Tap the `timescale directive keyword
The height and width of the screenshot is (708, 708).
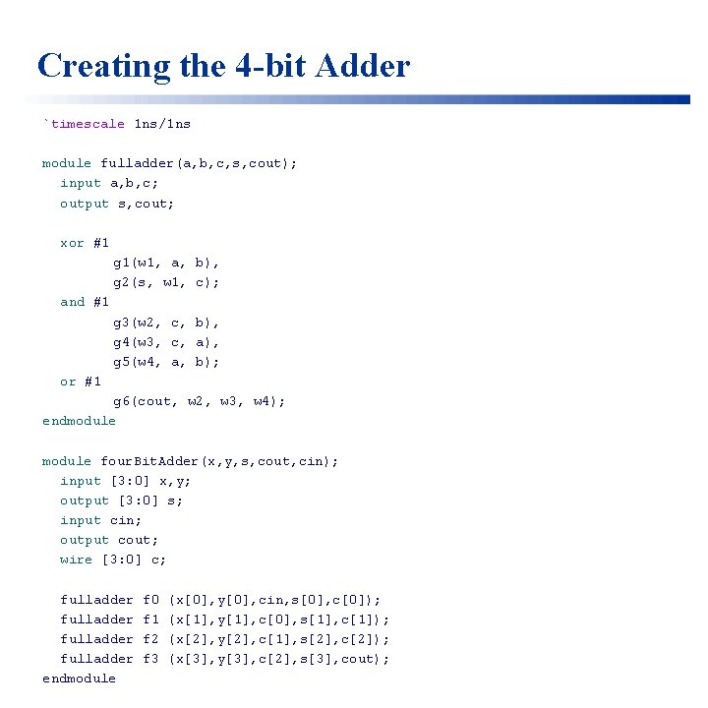point(84,124)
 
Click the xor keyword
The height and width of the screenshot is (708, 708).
point(72,243)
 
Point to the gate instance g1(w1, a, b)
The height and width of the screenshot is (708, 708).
point(166,263)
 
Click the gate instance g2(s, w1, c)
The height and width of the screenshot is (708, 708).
point(166,282)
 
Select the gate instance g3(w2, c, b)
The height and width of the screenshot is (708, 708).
point(166,323)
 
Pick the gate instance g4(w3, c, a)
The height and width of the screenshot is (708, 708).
point(166,342)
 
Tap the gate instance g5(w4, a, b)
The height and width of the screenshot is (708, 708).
point(166,362)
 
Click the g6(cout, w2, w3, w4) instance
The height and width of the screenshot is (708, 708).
point(199,401)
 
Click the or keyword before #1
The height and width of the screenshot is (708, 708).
point(68,382)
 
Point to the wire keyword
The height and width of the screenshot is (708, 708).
point(76,560)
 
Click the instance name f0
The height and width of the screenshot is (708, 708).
point(150,600)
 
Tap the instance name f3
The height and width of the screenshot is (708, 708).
point(150,659)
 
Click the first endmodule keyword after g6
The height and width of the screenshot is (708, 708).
point(79,421)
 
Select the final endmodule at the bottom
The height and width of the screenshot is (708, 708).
point(79,678)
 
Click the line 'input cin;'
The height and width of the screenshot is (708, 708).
point(100,520)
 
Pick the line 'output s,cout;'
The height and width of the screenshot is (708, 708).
point(117,204)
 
